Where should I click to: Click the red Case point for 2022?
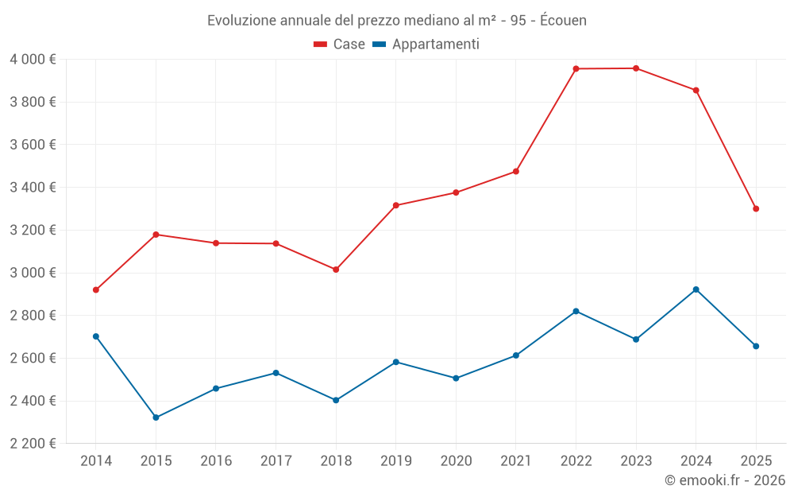pyautogui.click(x=576, y=68)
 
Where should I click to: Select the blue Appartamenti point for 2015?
pyautogui.click(x=156, y=417)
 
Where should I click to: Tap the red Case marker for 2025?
pyautogui.click(x=756, y=209)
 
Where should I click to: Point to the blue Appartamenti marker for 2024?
pyautogui.click(x=696, y=289)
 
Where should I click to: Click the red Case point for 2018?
pyautogui.click(x=336, y=270)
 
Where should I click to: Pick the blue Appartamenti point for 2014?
pyautogui.click(x=96, y=336)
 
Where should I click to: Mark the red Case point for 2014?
pyautogui.click(x=96, y=289)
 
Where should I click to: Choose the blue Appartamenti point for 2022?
pyautogui.click(x=576, y=311)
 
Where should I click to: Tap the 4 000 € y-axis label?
pyautogui.click(x=33, y=60)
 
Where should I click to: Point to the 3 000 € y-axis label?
pyautogui.click(x=33, y=273)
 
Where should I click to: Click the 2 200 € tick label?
pyautogui.click(x=33, y=444)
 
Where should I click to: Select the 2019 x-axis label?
pyautogui.click(x=395, y=461)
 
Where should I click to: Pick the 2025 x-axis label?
pyautogui.click(x=756, y=461)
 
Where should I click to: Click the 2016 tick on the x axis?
pyautogui.click(x=216, y=461)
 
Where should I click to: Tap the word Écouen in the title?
pyautogui.click(x=563, y=21)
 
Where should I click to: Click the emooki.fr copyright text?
pyautogui.click(x=724, y=480)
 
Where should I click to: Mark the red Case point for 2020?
pyautogui.click(x=456, y=192)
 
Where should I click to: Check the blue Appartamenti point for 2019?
pyautogui.click(x=395, y=362)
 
